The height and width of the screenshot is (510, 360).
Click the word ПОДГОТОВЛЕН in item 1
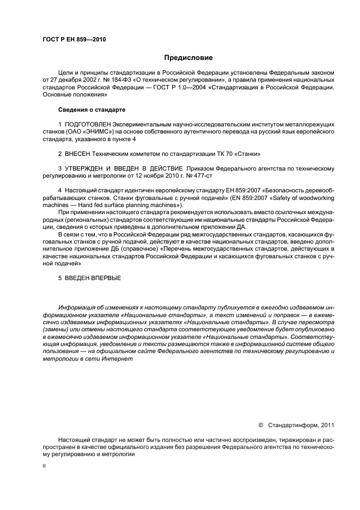pos(90,125)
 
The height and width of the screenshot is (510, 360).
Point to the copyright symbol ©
pos(260,424)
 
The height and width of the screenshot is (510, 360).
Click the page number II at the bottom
pos(44,467)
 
